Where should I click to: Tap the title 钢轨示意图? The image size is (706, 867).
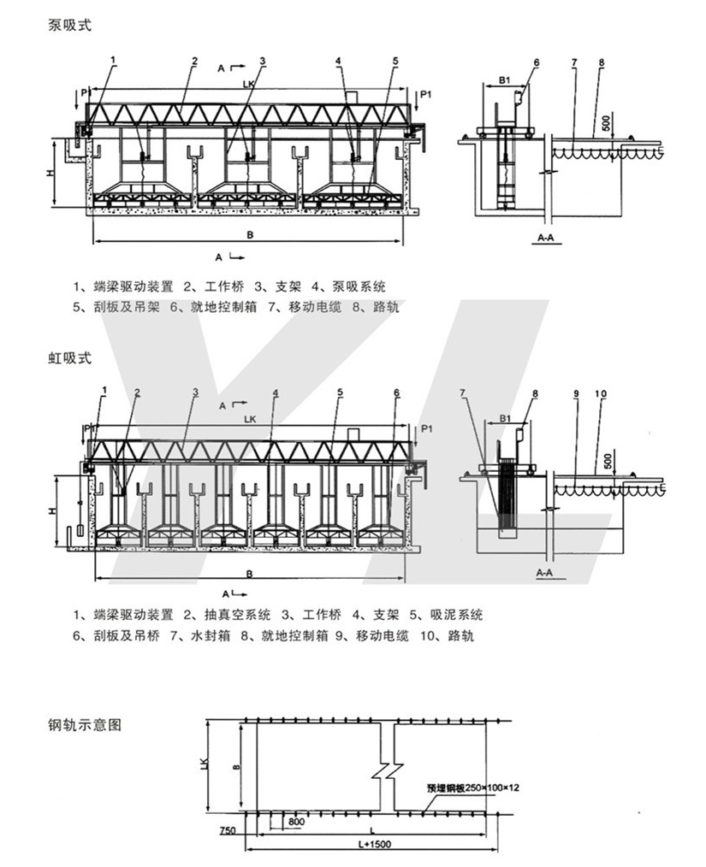tap(86, 725)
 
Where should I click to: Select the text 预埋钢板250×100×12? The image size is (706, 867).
tap(474, 788)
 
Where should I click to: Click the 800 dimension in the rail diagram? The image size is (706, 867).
tap(296, 822)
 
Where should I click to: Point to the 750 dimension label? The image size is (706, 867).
tap(227, 830)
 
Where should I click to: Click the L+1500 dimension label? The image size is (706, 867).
tap(371, 844)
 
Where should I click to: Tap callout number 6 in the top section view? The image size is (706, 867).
tap(537, 62)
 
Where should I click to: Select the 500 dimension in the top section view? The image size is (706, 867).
tap(607, 124)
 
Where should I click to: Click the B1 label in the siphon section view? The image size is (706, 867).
tap(506, 421)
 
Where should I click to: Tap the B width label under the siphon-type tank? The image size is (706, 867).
tap(248, 574)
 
